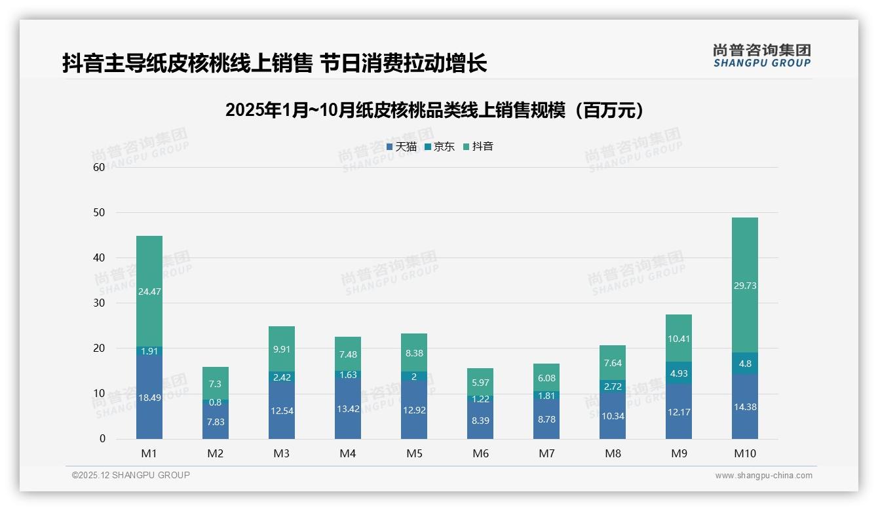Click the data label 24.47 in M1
149,292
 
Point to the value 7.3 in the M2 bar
216,384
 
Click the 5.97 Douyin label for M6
480,383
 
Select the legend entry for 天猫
402,147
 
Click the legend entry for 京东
440,147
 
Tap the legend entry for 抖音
478,147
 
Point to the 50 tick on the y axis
99,212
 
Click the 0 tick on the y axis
102,439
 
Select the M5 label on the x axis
414,453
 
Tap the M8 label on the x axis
613,453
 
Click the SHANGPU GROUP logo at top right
761,56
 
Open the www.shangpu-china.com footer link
763,476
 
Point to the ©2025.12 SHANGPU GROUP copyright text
131,476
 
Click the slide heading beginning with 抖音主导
275,64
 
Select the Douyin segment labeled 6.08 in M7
546,378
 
